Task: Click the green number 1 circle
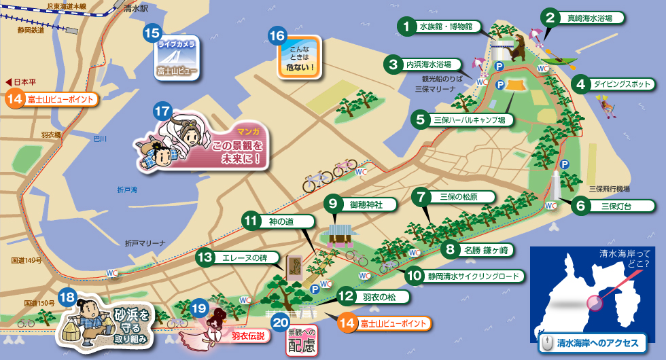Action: (x=406, y=26)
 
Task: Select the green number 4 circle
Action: (x=580, y=85)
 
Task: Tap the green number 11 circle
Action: (x=252, y=221)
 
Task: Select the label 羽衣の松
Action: (x=375, y=297)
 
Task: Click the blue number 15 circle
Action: (x=152, y=32)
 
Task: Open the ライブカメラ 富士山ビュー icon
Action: (x=177, y=58)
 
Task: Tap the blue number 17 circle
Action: (x=162, y=110)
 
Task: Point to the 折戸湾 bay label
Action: (x=126, y=190)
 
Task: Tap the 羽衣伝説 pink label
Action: (x=247, y=336)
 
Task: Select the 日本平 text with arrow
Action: (x=20, y=82)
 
